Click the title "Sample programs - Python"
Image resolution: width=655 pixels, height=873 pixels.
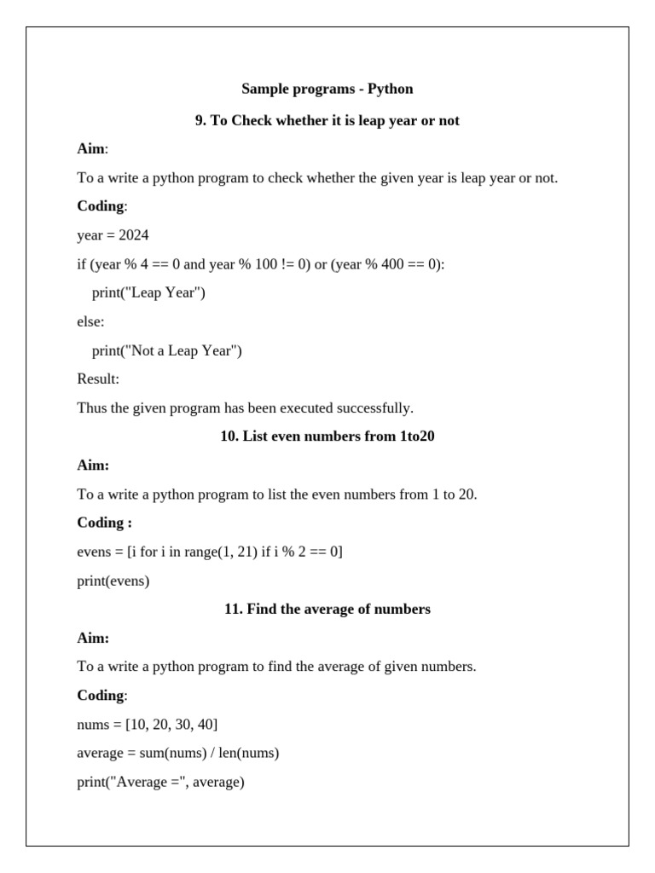click(327, 89)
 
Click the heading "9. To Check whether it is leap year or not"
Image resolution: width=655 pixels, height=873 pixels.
click(327, 120)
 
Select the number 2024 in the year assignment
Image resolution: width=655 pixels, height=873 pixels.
click(134, 235)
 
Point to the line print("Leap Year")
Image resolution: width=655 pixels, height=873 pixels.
click(148, 293)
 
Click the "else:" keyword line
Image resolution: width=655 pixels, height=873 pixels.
click(90, 322)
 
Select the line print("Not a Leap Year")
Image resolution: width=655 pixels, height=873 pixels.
click(166, 350)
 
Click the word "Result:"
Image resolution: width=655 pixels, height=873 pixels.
click(98, 379)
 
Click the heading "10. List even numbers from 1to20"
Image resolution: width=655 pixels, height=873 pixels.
click(327, 436)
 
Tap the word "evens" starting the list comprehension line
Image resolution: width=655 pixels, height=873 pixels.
click(94, 552)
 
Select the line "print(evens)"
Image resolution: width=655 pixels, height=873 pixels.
click(113, 581)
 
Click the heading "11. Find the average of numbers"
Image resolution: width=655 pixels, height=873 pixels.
click(327, 609)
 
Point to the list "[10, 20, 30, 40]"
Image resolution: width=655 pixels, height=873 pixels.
click(171, 725)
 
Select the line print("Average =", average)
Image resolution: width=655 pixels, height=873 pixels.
click(160, 782)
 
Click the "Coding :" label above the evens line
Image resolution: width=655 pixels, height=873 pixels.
click(104, 523)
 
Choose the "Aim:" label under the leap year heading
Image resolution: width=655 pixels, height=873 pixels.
click(92, 149)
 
